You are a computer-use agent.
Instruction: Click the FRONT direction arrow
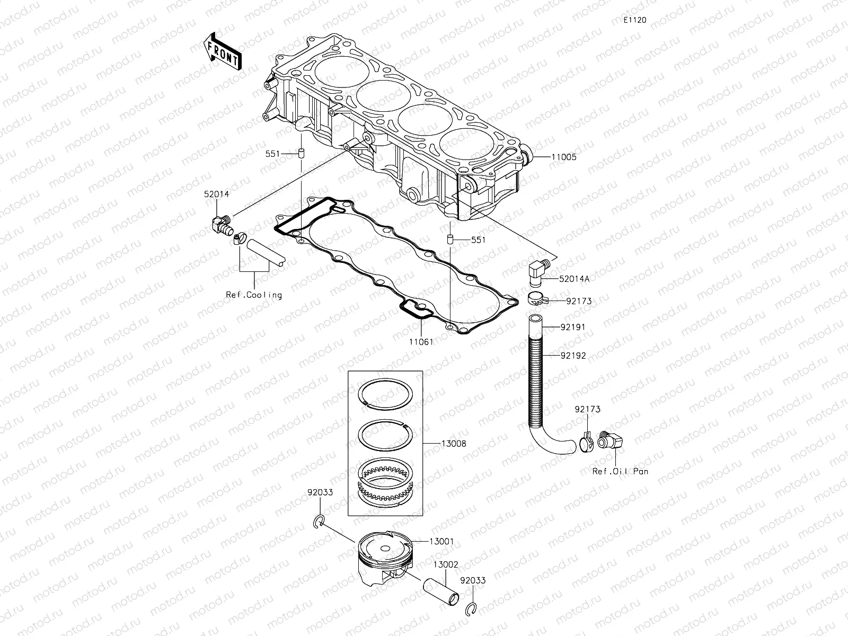point(222,51)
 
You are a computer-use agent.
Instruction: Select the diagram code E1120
point(634,20)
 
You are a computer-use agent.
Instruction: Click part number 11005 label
point(563,157)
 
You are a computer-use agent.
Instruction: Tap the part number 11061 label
point(421,342)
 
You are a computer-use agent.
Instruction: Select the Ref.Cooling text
point(254,295)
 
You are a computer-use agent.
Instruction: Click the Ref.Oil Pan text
point(620,471)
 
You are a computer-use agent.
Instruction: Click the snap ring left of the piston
point(318,522)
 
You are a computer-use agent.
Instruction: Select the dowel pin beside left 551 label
point(300,154)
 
